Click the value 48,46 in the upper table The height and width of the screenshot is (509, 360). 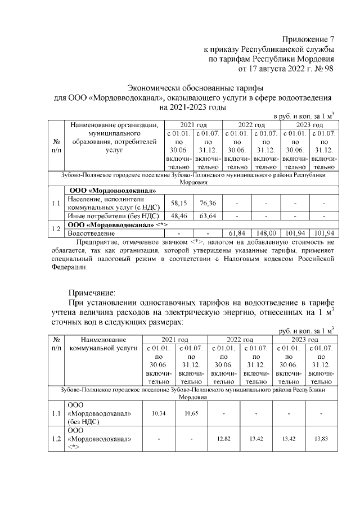pyautogui.click(x=177, y=215)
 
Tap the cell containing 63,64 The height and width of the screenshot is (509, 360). pyautogui.click(x=207, y=215)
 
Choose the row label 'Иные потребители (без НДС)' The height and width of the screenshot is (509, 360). pyautogui.click(x=112, y=215)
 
